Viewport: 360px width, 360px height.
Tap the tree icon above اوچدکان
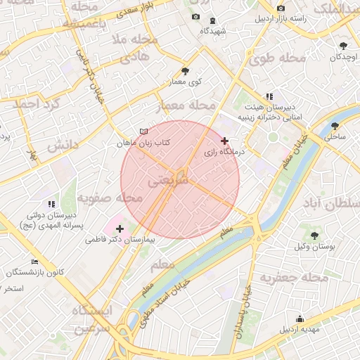click(x=343, y=46)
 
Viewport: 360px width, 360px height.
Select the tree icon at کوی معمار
click(x=185, y=71)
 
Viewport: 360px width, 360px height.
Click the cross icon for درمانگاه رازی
click(x=224, y=141)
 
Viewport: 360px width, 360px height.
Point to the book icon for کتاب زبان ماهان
click(x=143, y=131)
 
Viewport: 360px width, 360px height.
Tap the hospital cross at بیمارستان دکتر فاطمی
click(x=120, y=229)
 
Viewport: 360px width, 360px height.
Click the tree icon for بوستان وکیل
click(x=314, y=236)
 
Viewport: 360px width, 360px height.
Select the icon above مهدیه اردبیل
click(x=300, y=319)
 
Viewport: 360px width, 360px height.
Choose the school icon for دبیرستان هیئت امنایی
click(x=269, y=96)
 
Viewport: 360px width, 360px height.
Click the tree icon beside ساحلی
click(x=333, y=127)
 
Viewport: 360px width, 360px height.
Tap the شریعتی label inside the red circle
click(x=168, y=181)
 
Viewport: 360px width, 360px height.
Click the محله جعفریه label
click(x=294, y=278)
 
